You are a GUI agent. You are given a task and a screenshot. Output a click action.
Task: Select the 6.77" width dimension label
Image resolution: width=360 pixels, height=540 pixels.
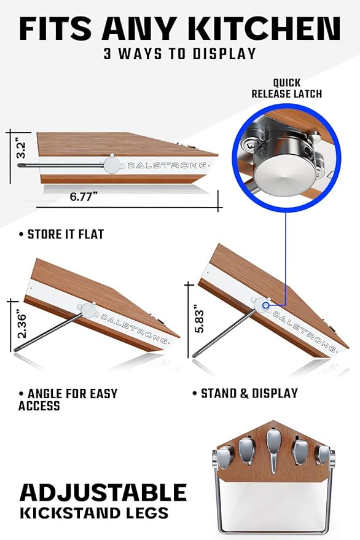pyautogui.click(x=84, y=197)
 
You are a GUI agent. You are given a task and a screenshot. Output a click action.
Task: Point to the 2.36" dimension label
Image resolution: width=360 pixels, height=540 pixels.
pyautogui.click(x=22, y=325)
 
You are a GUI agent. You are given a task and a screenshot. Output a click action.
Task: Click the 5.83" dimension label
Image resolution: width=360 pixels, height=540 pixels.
pyautogui.click(x=199, y=319)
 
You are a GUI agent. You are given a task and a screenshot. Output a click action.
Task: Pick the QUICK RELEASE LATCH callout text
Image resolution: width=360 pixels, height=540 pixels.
pyautogui.click(x=287, y=88)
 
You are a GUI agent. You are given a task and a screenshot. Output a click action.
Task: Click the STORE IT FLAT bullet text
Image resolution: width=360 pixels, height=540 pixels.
pyautogui.click(x=61, y=235)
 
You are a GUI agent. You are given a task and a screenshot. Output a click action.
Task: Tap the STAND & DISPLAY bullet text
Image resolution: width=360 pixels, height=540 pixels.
pyautogui.click(x=245, y=393)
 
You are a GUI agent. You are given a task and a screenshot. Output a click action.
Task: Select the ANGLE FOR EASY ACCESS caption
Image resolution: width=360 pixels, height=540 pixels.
pyautogui.click(x=68, y=399)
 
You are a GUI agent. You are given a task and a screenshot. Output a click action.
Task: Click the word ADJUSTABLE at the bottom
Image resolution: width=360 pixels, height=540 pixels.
pyautogui.click(x=103, y=493)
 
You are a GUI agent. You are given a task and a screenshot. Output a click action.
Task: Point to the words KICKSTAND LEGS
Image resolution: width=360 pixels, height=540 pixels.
pyautogui.click(x=94, y=513)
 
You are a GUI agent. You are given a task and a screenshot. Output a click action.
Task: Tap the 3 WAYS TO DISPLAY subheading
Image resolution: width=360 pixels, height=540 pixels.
pyautogui.click(x=180, y=53)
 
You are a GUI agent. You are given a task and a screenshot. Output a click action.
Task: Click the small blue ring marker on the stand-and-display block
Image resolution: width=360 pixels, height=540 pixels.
pyautogui.click(x=265, y=305)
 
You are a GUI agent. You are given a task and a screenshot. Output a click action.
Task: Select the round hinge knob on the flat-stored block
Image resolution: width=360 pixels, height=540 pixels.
pyautogui.click(x=111, y=165)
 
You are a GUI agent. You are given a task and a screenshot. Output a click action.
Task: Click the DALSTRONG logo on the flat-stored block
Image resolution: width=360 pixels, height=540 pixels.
pyautogui.click(x=167, y=166)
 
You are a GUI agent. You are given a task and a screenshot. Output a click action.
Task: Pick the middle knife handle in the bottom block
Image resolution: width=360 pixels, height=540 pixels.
pyautogui.click(x=273, y=449)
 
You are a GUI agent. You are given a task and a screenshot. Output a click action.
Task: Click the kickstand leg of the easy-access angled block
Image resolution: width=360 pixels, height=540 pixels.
pyautogui.click(x=49, y=333)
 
